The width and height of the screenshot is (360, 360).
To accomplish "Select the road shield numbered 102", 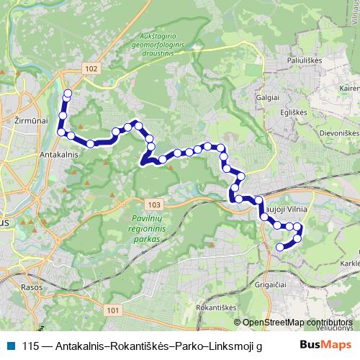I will pos(90,68).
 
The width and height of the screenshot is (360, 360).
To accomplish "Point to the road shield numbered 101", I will pos(111,310).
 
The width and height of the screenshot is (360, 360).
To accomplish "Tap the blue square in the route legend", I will pos(10,345).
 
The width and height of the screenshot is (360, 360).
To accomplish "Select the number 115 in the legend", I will pos(30,345).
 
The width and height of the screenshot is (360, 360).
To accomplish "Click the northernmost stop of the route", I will pos(68,93).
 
